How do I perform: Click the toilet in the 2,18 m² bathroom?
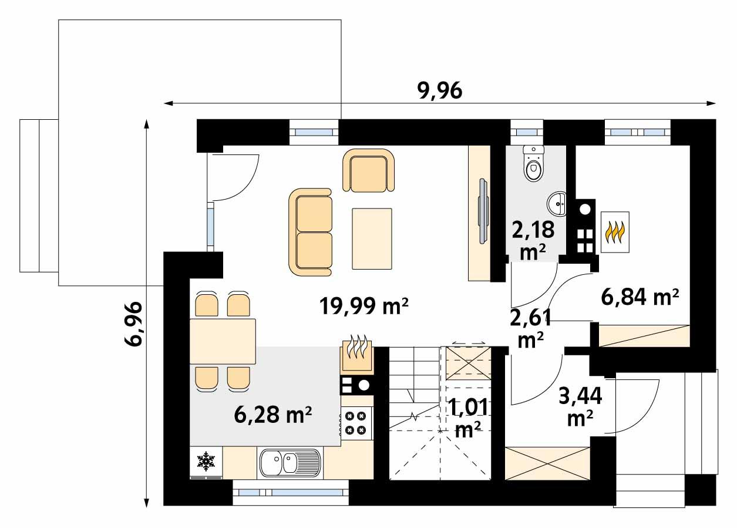coord(533,163)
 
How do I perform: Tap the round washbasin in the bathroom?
coord(557,204)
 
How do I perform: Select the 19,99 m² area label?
coord(364,306)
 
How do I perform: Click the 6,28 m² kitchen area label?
coord(272,415)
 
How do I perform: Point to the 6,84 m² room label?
coord(640,297)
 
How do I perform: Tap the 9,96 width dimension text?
coord(440,90)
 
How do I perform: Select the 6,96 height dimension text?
coord(133,324)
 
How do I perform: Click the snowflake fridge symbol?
coord(206,462)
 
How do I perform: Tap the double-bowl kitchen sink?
coord(290,462)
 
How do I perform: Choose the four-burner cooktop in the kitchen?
coord(356,423)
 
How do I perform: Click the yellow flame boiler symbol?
coord(615,232)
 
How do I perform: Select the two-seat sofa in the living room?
coord(310,232)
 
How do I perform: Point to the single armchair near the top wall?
coord(369,170)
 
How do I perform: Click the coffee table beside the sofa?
coord(372,239)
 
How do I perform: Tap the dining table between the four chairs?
coord(223,341)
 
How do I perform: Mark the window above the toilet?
coord(526,132)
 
